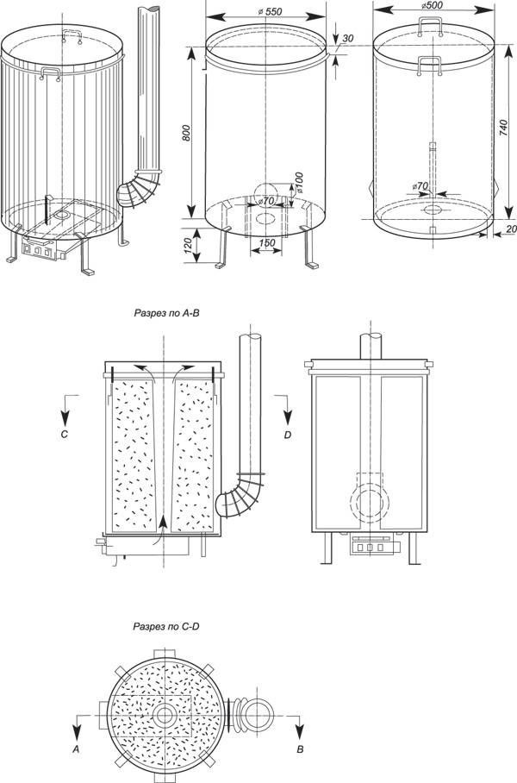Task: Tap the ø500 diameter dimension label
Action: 432,5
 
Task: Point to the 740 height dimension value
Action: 503,128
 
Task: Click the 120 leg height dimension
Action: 188,246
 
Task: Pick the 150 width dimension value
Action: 267,243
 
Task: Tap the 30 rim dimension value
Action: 348,39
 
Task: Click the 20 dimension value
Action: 510,229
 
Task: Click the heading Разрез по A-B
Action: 167,313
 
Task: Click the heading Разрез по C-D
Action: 166,626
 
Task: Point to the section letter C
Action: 64,435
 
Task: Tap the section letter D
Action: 288,435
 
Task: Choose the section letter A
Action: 76,749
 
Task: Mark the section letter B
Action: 300,749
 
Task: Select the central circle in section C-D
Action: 163,715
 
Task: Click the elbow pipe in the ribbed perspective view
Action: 139,189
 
